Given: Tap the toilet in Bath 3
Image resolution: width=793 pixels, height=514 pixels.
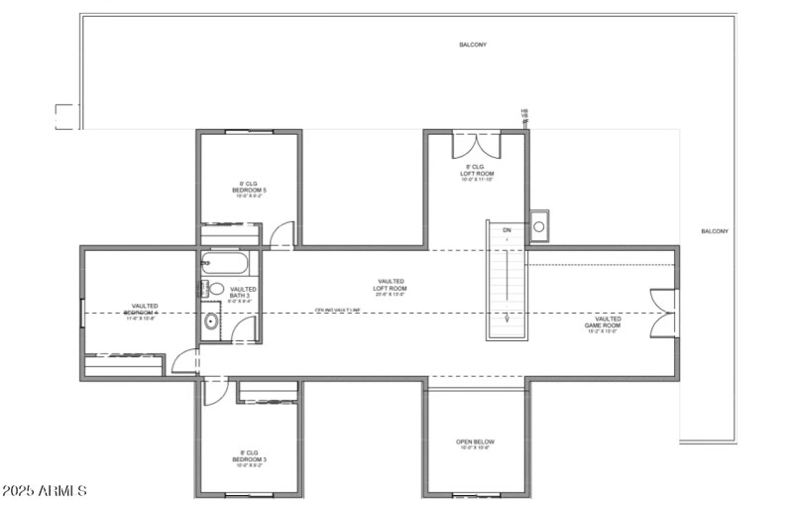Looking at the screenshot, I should [x=216, y=289].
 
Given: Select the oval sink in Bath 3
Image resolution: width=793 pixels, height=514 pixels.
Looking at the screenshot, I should [x=211, y=321].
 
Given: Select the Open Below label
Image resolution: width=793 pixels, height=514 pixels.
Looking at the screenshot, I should [x=476, y=443].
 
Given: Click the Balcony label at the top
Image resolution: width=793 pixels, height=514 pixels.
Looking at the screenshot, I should [x=473, y=45].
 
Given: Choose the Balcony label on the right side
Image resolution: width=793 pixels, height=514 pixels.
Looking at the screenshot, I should [x=715, y=231].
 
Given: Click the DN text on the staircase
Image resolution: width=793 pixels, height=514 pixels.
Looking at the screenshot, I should [x=507, y=230].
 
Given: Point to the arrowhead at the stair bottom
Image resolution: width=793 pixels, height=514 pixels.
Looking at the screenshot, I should [x=507, y=320].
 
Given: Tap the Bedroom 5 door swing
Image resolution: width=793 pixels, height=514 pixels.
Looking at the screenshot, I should [x=283, y=235].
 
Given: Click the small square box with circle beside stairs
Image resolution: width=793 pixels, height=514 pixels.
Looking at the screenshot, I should [x=539, y=226].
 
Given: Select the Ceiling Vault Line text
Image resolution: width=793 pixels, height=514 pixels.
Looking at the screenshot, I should [x=337, y=310].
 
